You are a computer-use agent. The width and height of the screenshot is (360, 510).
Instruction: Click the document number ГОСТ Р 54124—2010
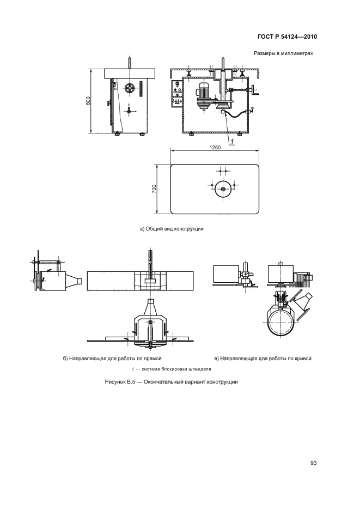[287, 37]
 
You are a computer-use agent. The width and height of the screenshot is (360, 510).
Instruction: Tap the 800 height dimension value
[88, 101]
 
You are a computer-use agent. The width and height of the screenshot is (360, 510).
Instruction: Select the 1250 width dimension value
[215, 147]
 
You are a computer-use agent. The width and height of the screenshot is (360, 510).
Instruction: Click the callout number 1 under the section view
[232, 142]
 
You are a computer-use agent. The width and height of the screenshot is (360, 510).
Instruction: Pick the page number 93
[314, 463]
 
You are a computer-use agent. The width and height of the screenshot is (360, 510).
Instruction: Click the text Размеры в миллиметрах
[283, 53]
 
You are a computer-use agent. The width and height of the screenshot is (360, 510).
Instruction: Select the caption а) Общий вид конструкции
[172, 229]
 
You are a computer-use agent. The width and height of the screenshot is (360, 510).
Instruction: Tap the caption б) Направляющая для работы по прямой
[112, 359]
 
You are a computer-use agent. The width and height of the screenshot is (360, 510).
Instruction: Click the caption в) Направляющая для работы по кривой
[263, 359]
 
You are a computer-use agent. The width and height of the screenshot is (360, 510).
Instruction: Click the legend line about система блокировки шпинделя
[172, 369]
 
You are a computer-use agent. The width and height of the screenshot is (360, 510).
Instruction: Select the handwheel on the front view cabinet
[130, 88]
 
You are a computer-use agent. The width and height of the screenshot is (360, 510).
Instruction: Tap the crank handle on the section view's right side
[254, 91]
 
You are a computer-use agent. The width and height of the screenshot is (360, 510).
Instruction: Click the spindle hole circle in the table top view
[223, 189]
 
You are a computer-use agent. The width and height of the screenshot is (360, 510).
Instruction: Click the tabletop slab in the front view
[130, 74]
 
